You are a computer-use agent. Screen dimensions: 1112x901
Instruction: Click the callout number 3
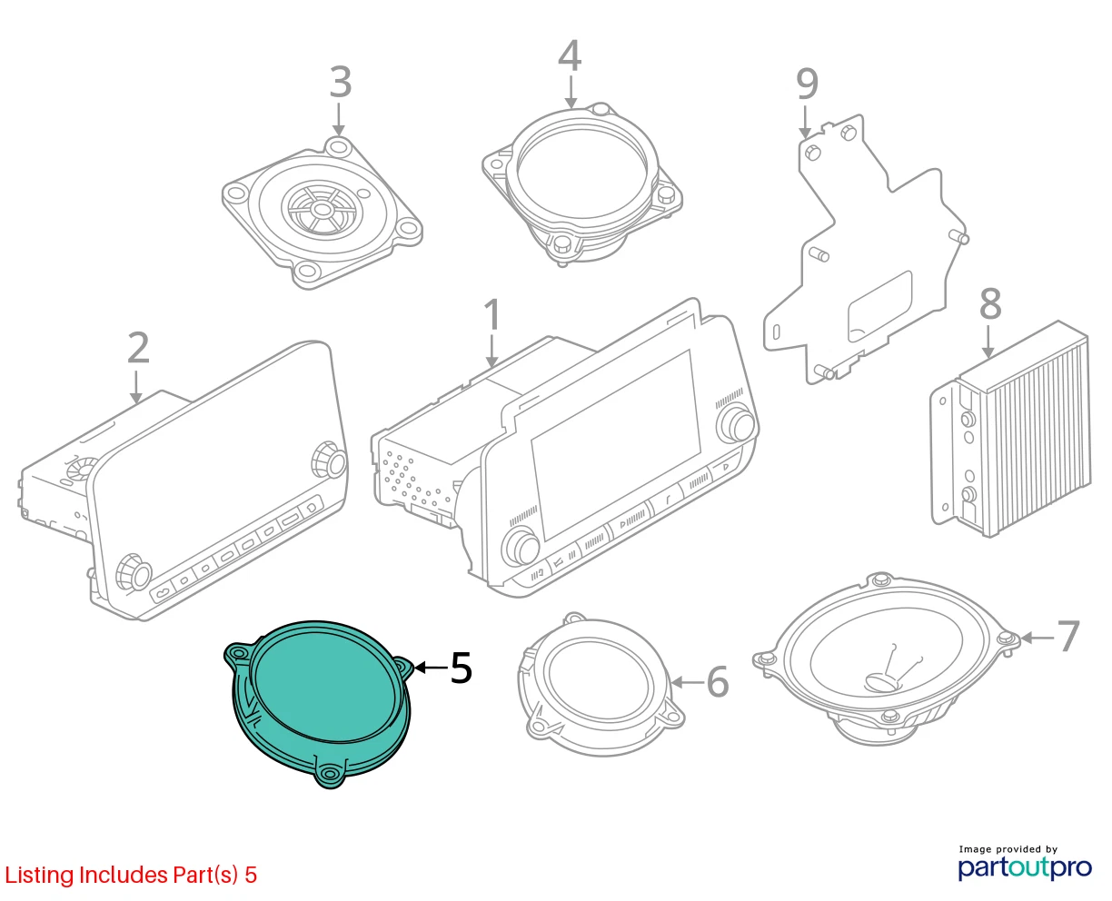[x=341, y=82]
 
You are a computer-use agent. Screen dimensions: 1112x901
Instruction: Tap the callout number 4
[x=570, y=55]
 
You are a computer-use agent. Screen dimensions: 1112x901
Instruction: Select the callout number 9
[x=807, y=84]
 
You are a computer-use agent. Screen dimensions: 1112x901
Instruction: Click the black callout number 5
[x=462, y=668]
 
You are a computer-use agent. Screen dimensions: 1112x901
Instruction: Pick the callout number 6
[x=718, y=682]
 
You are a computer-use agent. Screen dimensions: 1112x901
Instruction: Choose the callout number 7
[x=1068, y=636]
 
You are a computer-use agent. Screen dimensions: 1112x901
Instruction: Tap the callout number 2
[x=138, y=347]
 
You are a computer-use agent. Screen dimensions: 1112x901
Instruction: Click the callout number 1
[x=492, y=315]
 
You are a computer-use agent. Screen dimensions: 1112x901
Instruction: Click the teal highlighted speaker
[x=319, y=704]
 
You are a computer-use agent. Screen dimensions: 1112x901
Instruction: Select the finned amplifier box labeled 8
[x=1011, y=431]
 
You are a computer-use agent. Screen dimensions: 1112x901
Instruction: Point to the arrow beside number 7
[x=1037, y=638]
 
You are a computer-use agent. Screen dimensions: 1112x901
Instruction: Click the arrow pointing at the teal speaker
[x=432, y=668]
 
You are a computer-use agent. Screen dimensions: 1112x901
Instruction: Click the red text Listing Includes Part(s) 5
[x=131, y=875]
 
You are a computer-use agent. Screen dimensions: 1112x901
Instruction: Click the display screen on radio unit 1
[x=616, y=445]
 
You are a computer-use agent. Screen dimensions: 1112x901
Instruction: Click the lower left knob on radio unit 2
[x=134, y=572]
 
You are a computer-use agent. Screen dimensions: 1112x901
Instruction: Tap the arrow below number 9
[x=805, y=122]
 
